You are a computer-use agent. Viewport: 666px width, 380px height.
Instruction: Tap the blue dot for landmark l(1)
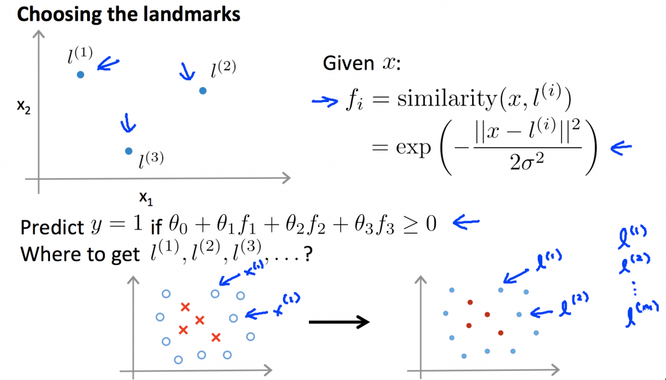coord(80,75)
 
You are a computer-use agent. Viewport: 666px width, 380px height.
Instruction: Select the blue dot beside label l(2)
coord(202,90)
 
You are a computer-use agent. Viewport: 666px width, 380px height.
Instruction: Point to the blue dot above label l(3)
coord(128,151)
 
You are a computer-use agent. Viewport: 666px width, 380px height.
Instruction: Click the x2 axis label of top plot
coord(24,107)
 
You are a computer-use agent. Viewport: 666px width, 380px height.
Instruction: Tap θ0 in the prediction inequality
coord(177,226)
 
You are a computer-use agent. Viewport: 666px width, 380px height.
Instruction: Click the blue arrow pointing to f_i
coord(322,100)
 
